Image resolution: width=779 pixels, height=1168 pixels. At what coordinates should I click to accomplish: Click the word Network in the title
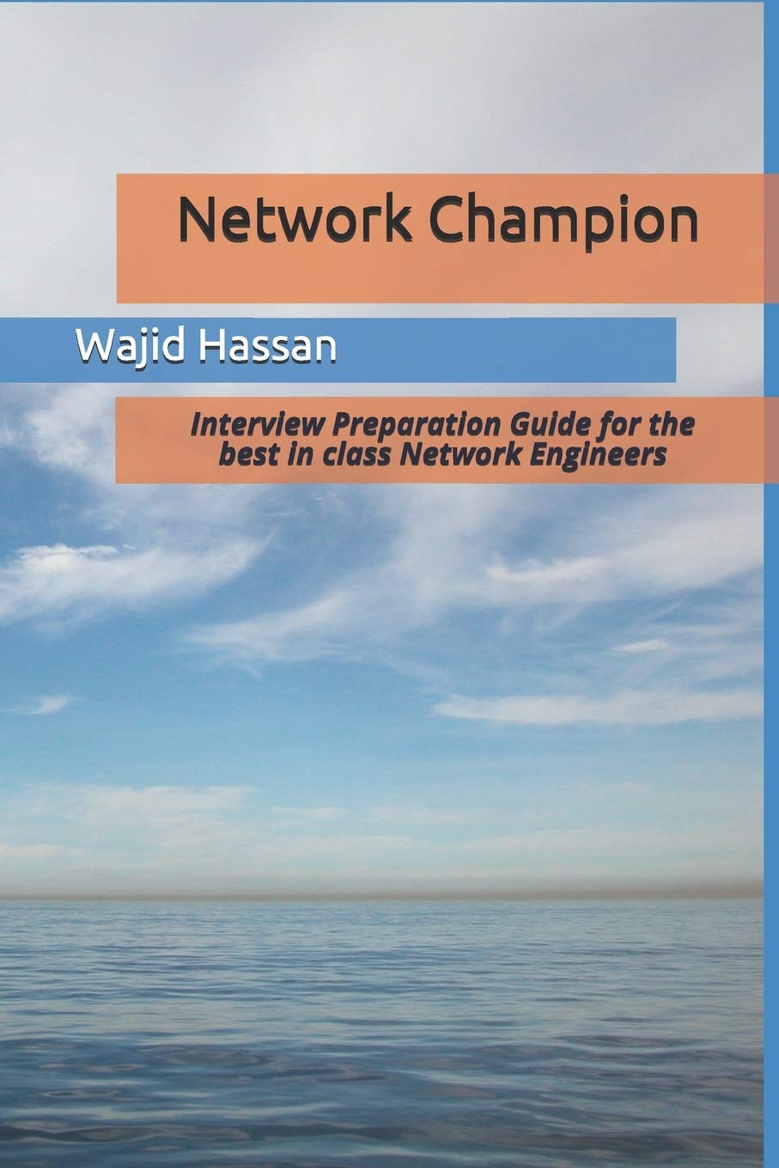pyautogui.click(x=295, y=220)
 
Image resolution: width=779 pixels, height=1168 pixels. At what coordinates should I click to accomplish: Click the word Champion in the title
pyautogui.click(x=563, y=222)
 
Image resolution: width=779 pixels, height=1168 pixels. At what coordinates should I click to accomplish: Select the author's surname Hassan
pyautogui.click(x=268, y=346)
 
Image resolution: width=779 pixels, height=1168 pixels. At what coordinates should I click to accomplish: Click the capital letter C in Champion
pyautogui.click(x=447, y=220)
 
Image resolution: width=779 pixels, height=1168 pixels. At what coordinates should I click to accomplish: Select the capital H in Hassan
pyautogui.click(x=212, y=346)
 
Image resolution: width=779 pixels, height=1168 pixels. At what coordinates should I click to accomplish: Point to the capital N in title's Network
pyautogui.click(x=197, y=220)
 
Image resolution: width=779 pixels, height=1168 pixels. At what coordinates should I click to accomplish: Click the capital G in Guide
pyautogui.click(x=520, y=425)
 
